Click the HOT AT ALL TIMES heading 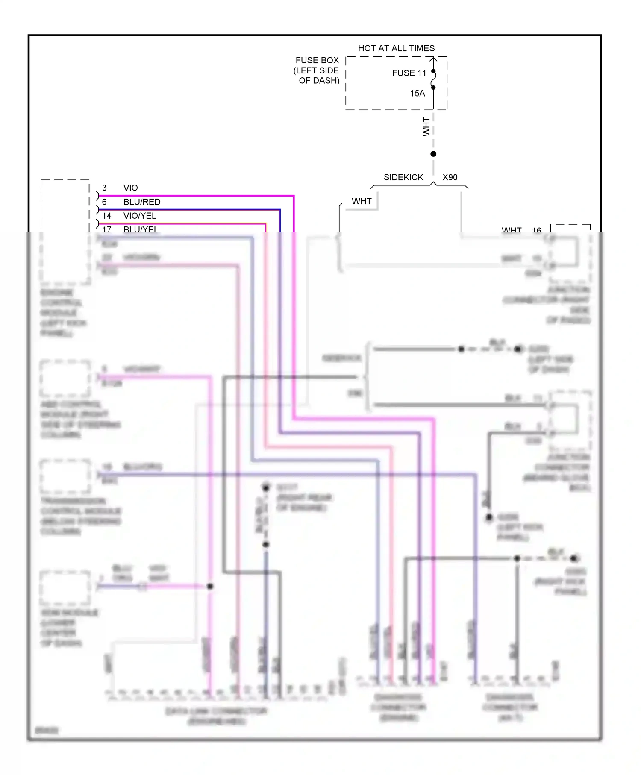396,48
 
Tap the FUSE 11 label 409,73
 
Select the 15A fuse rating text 418,94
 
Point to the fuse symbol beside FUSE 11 433,79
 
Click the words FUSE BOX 317,60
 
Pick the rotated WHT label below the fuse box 426,126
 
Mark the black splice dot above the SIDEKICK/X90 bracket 433,154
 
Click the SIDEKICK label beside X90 403,177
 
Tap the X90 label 450,177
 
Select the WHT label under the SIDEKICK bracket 362,201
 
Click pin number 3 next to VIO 104,188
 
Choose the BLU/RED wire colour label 142,202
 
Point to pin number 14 107,216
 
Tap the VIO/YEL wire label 140,216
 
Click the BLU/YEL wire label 141,229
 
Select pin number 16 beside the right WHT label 537,230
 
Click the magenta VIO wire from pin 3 197,196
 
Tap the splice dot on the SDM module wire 210,586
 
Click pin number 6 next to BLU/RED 104,202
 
